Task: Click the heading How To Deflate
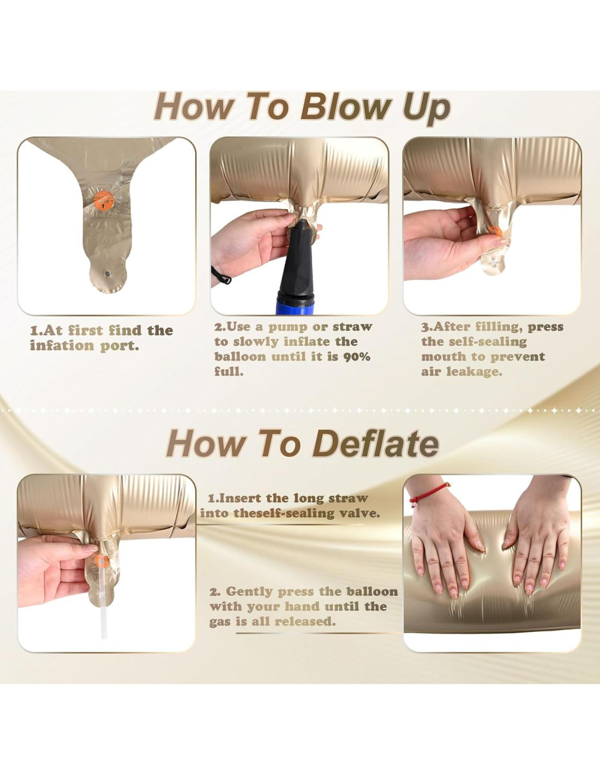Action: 303,443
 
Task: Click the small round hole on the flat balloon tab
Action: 107,274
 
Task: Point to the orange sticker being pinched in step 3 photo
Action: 495,231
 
